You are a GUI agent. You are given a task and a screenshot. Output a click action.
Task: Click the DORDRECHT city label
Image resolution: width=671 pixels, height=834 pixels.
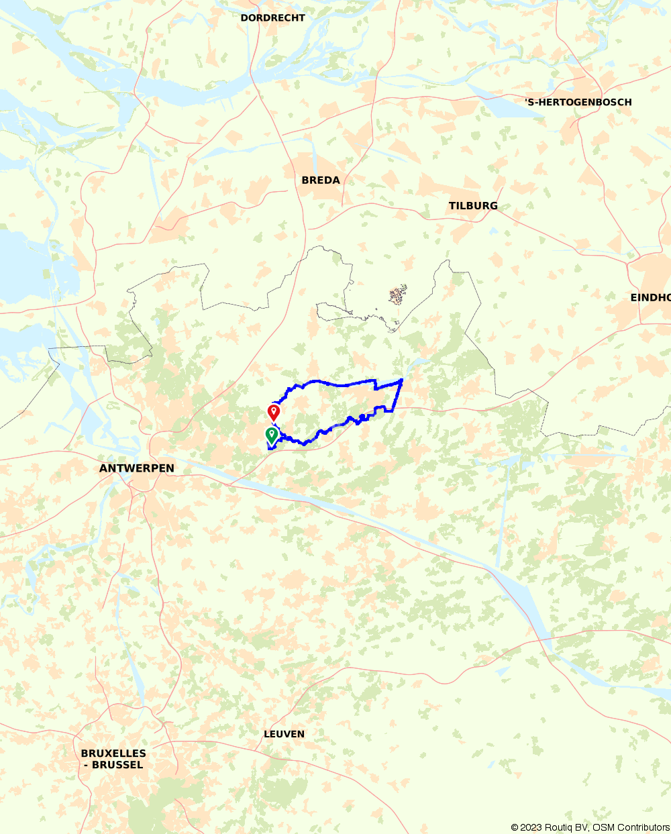[x=272, y=18]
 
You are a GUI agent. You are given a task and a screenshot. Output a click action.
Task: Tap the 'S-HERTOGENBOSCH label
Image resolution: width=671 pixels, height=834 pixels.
[x=578, y=102]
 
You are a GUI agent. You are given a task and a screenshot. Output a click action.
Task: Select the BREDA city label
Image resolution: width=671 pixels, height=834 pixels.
[x=321, y=180]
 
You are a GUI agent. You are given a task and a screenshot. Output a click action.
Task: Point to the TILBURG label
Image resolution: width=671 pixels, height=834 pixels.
[x=473, y=205]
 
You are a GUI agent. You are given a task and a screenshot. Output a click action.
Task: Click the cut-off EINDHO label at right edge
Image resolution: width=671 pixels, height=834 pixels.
[x=650, y=297]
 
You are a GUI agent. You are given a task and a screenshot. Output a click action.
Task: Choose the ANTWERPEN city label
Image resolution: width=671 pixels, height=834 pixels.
[x=137, y=468]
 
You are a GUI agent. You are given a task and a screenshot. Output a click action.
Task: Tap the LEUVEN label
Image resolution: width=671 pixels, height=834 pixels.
[x=284, y=734]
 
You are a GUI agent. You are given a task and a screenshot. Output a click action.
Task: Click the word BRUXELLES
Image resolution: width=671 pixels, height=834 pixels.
[x=113, y=753]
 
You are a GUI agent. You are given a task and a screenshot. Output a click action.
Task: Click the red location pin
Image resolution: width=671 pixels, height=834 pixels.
[x=273, y=411]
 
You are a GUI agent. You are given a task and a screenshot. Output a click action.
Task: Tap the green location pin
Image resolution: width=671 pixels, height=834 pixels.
[x=271, y=435]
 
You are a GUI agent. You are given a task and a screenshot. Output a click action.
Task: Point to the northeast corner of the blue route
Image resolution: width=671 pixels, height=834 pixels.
[x=401, y=380]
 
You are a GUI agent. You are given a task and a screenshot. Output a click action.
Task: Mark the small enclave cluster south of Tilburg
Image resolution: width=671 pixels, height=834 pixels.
[x=398, y=294]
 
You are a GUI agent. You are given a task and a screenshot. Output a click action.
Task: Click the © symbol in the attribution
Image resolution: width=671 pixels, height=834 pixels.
[x=515, y=827]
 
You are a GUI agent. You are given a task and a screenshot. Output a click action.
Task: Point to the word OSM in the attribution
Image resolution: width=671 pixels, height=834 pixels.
[x=602, y=827]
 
